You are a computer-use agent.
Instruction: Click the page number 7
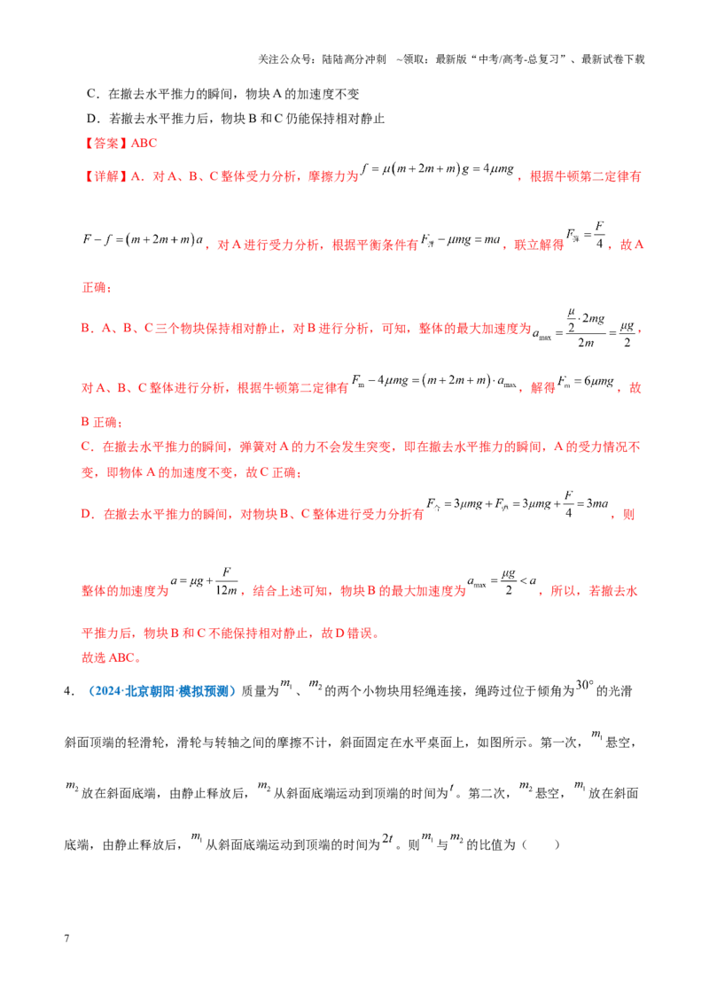[66, 938]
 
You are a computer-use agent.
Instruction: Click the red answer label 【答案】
[105, 144]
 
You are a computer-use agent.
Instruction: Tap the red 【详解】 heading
[105, 176]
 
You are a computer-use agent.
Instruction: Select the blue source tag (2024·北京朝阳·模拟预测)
[162, 691]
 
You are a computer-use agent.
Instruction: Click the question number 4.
[67, 691]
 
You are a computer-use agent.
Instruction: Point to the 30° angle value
[584, 685]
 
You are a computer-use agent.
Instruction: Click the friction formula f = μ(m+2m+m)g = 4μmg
[437, 169]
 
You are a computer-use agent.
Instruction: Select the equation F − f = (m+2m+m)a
[143, 240]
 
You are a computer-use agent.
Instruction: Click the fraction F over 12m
[226, 581]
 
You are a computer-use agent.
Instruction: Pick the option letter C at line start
[91, 94]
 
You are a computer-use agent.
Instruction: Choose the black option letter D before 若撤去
[91, 119]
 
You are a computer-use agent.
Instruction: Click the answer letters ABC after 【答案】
[144, 144]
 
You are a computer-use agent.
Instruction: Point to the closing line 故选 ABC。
[111, 658]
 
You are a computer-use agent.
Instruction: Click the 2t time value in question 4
[387, 838]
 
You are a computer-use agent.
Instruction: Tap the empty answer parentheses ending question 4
[541, 845]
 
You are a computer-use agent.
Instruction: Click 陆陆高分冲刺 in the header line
[354, 59]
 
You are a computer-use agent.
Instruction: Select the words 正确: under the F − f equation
[97, 288]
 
